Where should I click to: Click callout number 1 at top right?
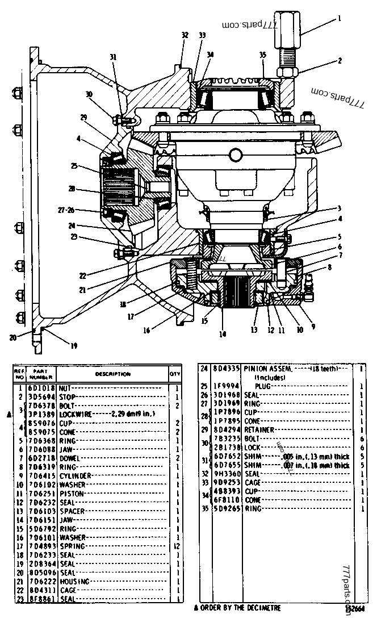click(339, 18)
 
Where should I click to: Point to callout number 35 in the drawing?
click(262, 55)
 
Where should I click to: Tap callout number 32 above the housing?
click(185, 35)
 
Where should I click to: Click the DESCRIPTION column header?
click(112, 374)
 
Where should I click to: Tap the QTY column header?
click(175, 374)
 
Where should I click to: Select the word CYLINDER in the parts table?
click(74, 475)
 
